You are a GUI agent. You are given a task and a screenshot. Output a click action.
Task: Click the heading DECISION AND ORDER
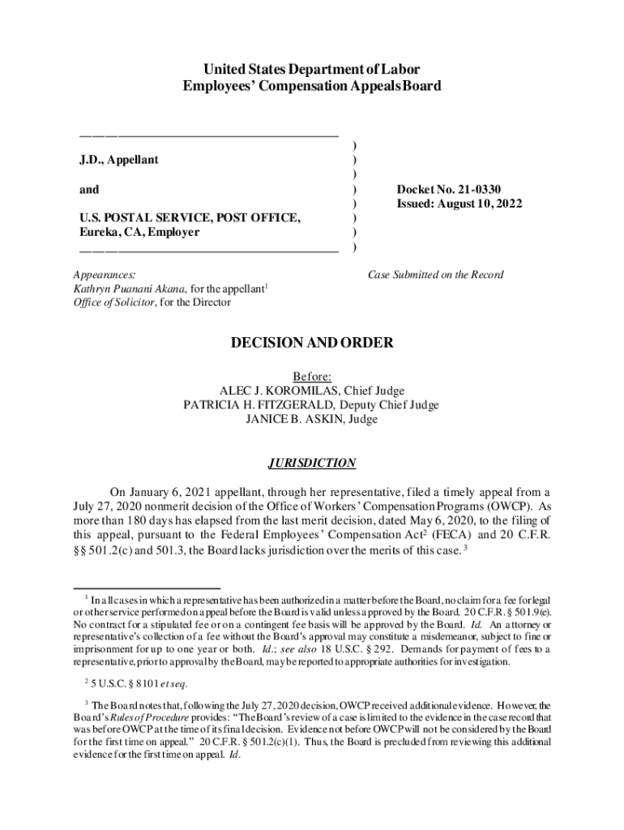tap(312, 344)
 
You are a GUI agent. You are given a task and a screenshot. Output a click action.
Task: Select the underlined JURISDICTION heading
tap(312, 464)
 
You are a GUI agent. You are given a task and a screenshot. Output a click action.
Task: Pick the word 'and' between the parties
tap(89, 190)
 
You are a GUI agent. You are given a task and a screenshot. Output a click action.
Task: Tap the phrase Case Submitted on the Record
tap(435, 275)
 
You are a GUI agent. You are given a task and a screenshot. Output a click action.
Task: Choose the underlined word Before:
tap(312, 376)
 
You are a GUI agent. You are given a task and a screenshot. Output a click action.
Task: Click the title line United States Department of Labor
tap(312, 70)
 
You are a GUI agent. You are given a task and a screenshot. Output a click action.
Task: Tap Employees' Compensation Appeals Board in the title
tap(312, 86)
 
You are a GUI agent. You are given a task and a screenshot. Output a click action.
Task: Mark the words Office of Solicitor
tap(113, 302)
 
